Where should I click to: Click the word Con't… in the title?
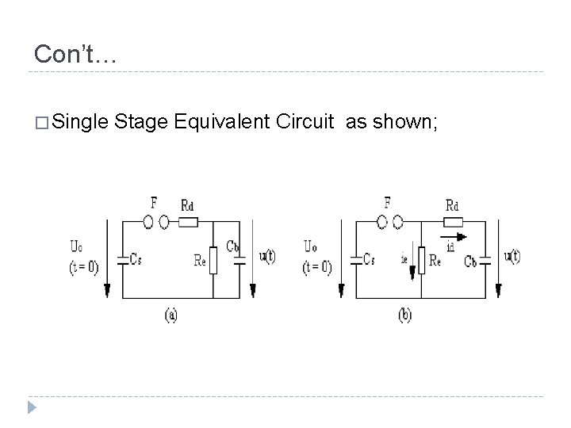click(75, 54)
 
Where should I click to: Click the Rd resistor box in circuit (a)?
click(188, 222)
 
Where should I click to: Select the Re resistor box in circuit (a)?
click(213, 259)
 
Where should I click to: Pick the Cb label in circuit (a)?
click(232, 246)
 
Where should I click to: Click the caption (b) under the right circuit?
click(404, 315)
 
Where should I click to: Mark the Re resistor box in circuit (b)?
click(422, 260)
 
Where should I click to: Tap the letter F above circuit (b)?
click(387, 203)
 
